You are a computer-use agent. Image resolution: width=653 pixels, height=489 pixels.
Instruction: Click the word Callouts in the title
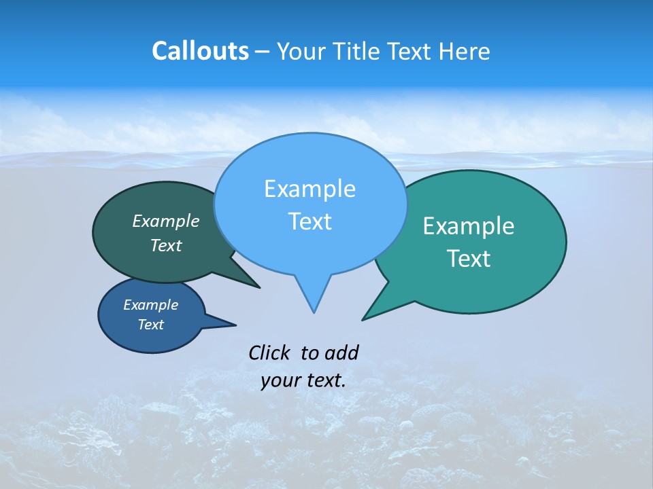click(x=200, y=52)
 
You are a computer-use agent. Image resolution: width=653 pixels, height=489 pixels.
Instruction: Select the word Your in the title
click(x=303, y=52)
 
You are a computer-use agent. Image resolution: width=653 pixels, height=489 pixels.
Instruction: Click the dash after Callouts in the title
click(x=263, y=52)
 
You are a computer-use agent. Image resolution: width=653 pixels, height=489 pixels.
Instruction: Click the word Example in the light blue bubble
click(x=309, y=189)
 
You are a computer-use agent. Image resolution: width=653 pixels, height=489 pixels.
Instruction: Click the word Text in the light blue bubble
click(x=309, y=221)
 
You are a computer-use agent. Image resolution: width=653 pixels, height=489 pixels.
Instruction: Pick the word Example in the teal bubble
click(x=469, y=226)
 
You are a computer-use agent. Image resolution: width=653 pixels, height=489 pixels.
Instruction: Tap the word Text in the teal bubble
click(x=469, y=259)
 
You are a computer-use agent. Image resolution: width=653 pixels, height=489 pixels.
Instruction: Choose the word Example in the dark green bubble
click(x=165, y=221)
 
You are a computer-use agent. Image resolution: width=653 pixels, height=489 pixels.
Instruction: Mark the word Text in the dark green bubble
click(x=165, y=245)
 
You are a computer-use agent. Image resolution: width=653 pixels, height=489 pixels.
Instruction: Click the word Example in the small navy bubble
click(x=150, y=305)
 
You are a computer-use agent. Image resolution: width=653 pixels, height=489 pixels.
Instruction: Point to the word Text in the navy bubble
click(x=150, y=325)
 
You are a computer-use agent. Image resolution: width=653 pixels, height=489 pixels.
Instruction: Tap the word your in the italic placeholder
click(x=280, y=381)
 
